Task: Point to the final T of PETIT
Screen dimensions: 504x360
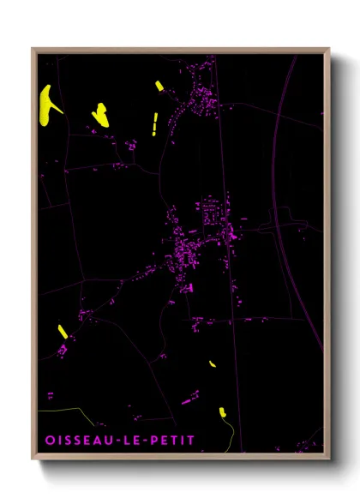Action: click(191, 441)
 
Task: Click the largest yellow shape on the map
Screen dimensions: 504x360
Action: click(48, 103)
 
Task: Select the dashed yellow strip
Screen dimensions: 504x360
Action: click(154, 124)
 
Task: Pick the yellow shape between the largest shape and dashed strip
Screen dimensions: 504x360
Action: click(100, 113)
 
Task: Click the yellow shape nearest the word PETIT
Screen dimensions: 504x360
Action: click(221, 412)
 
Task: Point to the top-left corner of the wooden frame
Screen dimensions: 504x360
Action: click(33, 49)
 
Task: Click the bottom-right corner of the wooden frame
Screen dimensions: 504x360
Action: click(330, 460)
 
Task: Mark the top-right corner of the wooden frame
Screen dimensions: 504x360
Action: click(330, 49)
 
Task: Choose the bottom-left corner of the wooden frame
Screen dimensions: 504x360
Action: click(33, 460)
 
